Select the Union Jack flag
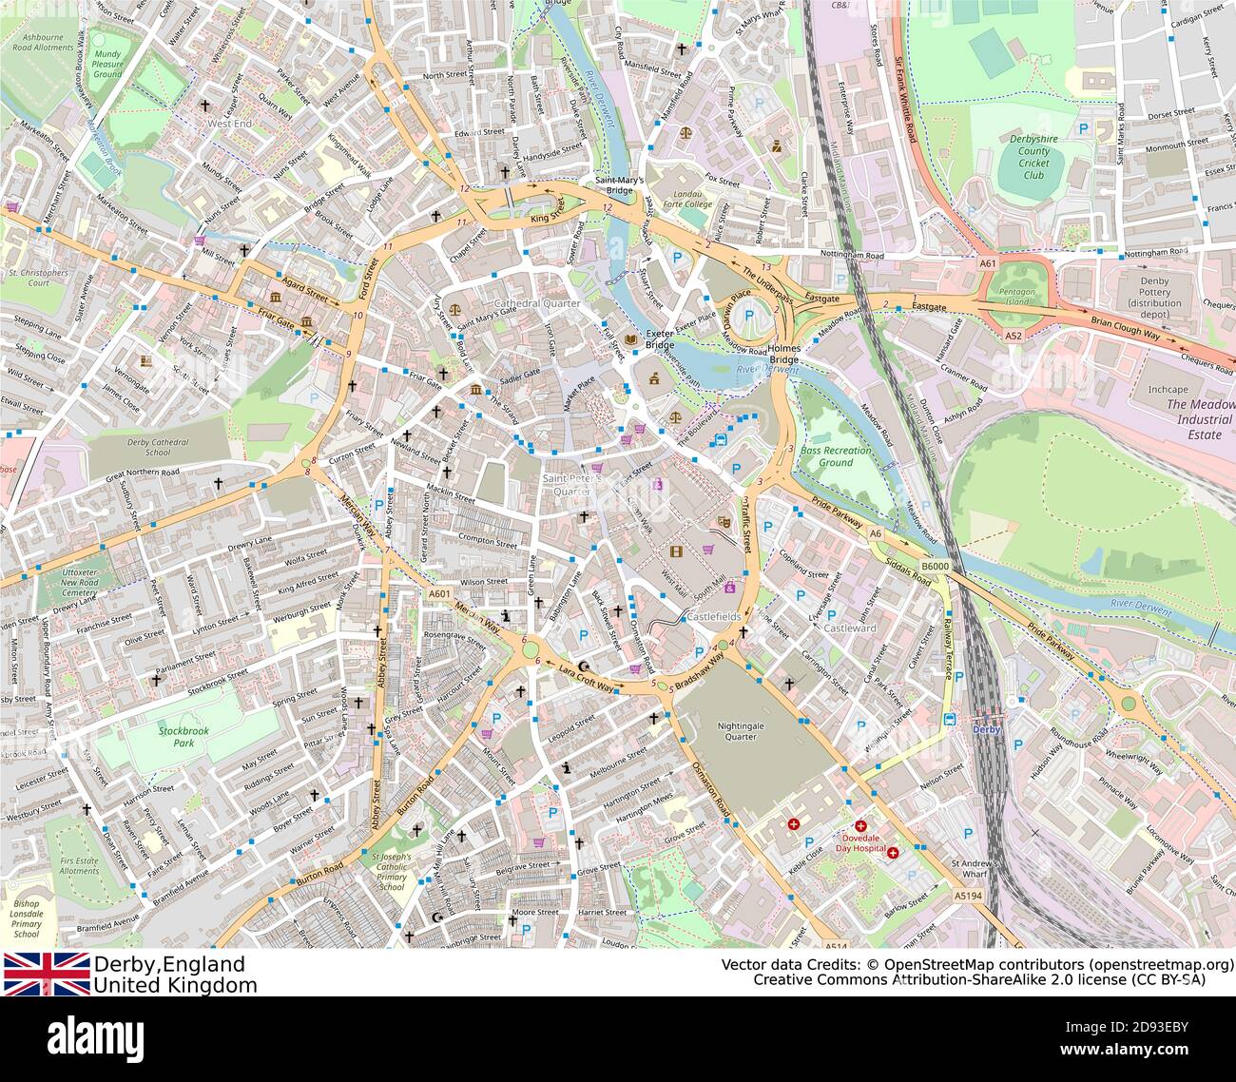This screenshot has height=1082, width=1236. tap(47, 974)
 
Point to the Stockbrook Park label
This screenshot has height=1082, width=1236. tap(177, 737)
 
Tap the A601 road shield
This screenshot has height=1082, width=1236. tap(438, 594)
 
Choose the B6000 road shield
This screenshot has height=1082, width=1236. tap(937, 567)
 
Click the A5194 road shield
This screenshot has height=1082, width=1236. tap(967, 895)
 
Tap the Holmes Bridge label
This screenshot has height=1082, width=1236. tap(784, 354)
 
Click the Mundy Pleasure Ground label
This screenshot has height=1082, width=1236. tap(107, 64)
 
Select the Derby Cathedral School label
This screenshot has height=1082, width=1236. tap(157, 448)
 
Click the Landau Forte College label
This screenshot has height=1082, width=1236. tap(686, 198)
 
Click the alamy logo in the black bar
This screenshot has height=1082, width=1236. tap(95, 1037)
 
